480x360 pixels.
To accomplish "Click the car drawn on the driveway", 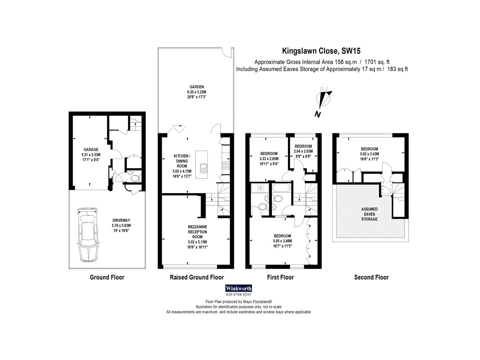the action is (87, 235).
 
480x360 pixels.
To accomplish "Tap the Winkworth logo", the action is (238, 288).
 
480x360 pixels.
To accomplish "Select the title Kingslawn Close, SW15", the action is (321, 51).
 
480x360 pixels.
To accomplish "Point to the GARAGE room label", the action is (91, 149).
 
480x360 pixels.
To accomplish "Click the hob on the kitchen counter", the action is (226, 165).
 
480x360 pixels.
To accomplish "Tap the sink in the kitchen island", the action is (203, 168).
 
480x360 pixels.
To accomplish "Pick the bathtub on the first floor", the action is (281, 188).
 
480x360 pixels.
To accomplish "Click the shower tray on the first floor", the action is (260, 188).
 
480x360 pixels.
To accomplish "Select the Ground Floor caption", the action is (107, 277).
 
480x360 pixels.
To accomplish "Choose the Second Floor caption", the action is (371, 277).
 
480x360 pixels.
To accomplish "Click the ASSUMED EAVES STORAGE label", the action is (369, 214).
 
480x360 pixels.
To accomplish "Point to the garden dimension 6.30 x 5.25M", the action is (196, 92).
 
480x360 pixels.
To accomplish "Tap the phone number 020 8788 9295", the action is (238, 295).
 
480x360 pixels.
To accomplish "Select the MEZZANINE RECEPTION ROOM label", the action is (197, 232).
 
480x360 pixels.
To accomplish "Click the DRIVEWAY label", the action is (121, 220).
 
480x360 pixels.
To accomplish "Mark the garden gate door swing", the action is (227, 53).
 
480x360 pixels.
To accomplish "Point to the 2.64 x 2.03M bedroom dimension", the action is (303, 151).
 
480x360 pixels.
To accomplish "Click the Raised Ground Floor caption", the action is (196, 277).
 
